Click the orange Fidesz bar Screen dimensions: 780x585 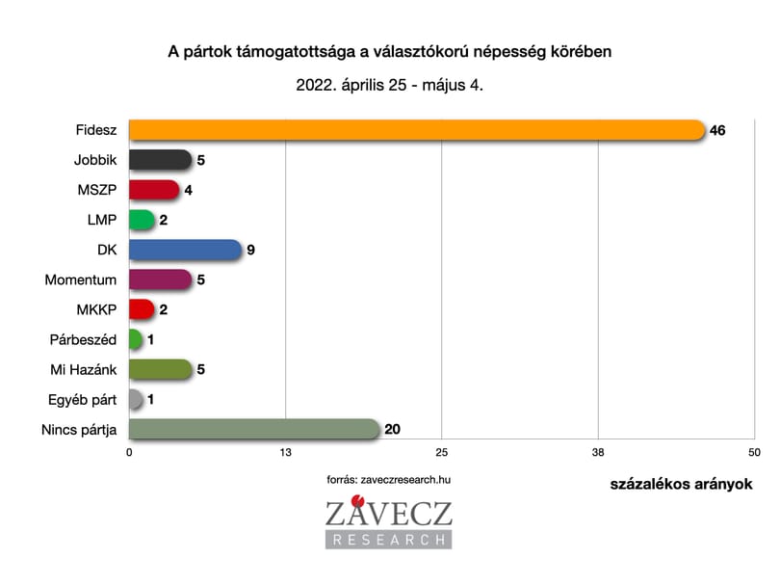(417, 130)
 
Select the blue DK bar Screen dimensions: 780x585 (185, 250)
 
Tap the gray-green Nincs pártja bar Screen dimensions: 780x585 (254, 429)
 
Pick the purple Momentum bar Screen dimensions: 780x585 (160, 279)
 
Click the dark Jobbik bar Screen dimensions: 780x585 (160, 160)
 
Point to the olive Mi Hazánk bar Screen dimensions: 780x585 (160, 369)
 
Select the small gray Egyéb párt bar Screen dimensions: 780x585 (136, 399)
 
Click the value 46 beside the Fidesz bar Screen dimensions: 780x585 (717, 130)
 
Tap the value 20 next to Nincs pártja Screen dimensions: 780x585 (392, 429)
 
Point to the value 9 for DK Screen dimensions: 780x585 (250, 250)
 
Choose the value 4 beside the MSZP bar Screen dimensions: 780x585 (188, 190)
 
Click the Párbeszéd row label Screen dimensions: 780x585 (83, 339)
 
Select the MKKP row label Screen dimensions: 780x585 (96, 309)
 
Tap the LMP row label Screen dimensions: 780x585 (102, 220)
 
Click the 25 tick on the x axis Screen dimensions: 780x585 (442, 452)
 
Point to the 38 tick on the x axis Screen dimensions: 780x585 (598, 452)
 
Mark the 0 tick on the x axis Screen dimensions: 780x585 (129, 452)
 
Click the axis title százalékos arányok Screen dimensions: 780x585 (681, 484)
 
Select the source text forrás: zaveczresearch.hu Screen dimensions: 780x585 (388, 479)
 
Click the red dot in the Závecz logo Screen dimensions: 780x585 (357, 500)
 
